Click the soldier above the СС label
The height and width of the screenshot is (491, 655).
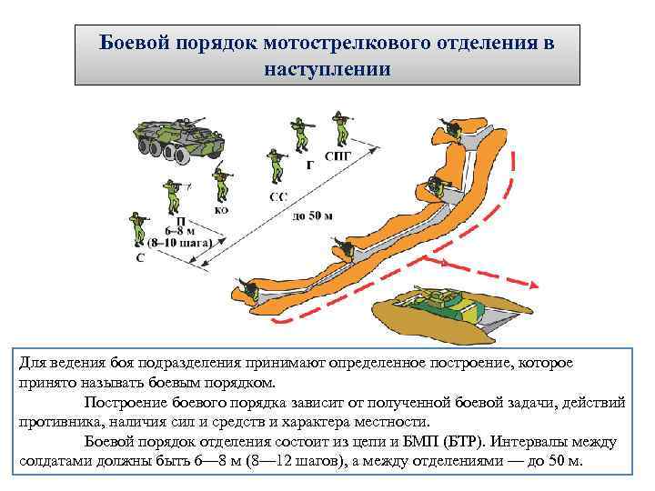pos(275,165)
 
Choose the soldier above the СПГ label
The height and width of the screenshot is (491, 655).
pos(340,128)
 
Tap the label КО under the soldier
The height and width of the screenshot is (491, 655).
pos(221,210)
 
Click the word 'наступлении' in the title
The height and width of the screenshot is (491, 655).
pos(327,69)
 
